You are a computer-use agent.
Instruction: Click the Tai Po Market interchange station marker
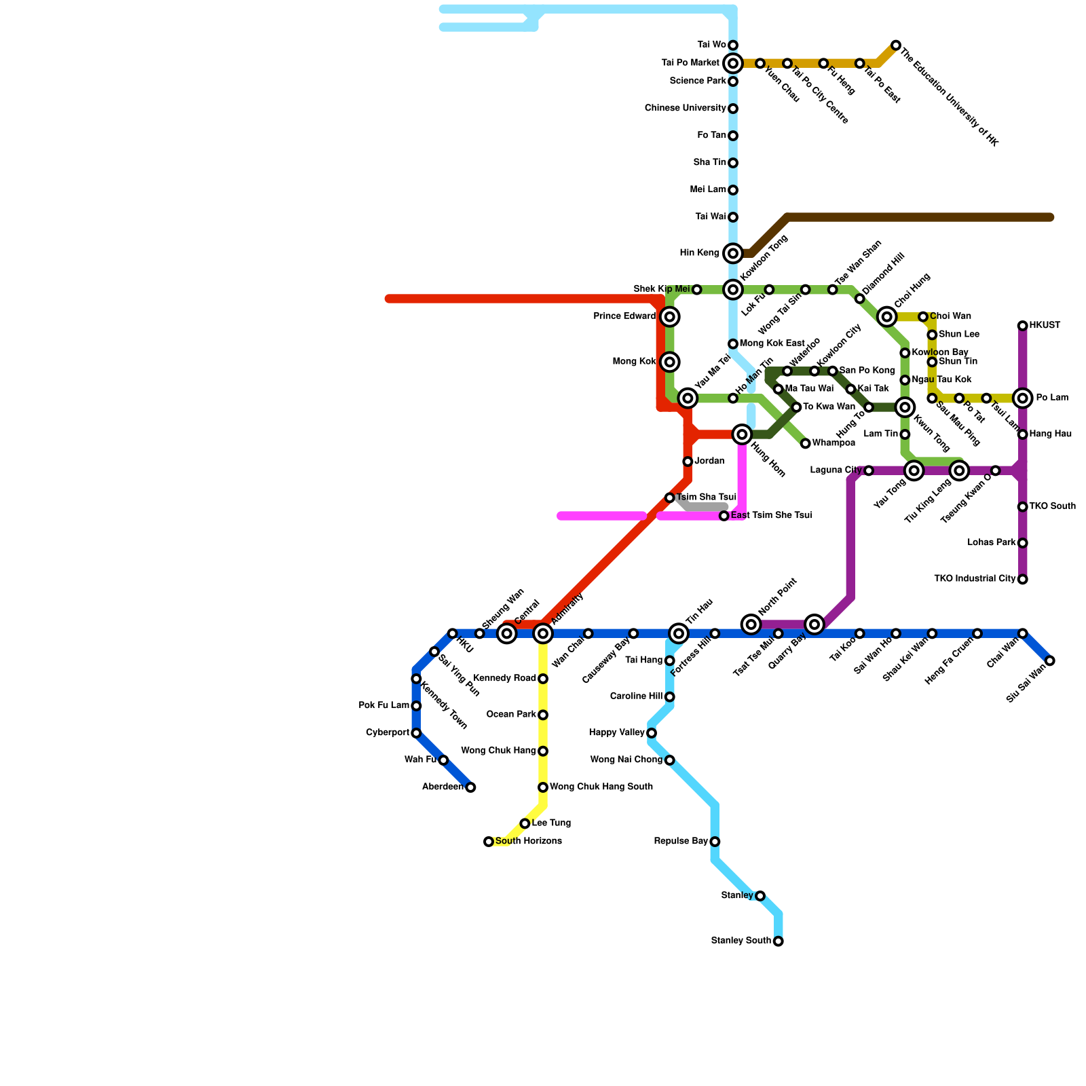tap(733, 64)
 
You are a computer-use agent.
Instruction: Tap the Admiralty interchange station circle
tap(543, 634)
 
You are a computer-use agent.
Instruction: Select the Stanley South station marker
tap(779, 941)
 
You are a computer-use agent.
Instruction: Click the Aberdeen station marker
tap(470, 787)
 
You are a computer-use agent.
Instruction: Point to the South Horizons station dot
tap(489, 842)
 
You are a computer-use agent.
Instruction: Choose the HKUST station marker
tap(1023, 326)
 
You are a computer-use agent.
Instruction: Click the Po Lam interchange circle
tap(1023, 398)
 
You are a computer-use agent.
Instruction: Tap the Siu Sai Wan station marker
tap(1050, 661)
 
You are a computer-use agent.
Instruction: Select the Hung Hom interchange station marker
tap(743, 434)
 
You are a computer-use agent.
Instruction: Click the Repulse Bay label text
tap(681, 842)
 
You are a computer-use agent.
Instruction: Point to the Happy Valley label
tap(616, 733)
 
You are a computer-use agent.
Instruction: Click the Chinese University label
tap(685, 109)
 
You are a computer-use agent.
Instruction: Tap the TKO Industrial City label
tap(974, 580)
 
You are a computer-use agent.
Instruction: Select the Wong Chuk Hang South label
tap(601, 787)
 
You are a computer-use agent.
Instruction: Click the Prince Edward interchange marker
tap(670, 317)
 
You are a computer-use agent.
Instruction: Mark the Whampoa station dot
tap(806, 444)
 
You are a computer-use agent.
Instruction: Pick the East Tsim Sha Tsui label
tap(771, 516)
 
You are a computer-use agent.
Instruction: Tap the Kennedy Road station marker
tap(543, 679)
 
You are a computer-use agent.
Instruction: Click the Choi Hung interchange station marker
tap(887, 317)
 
